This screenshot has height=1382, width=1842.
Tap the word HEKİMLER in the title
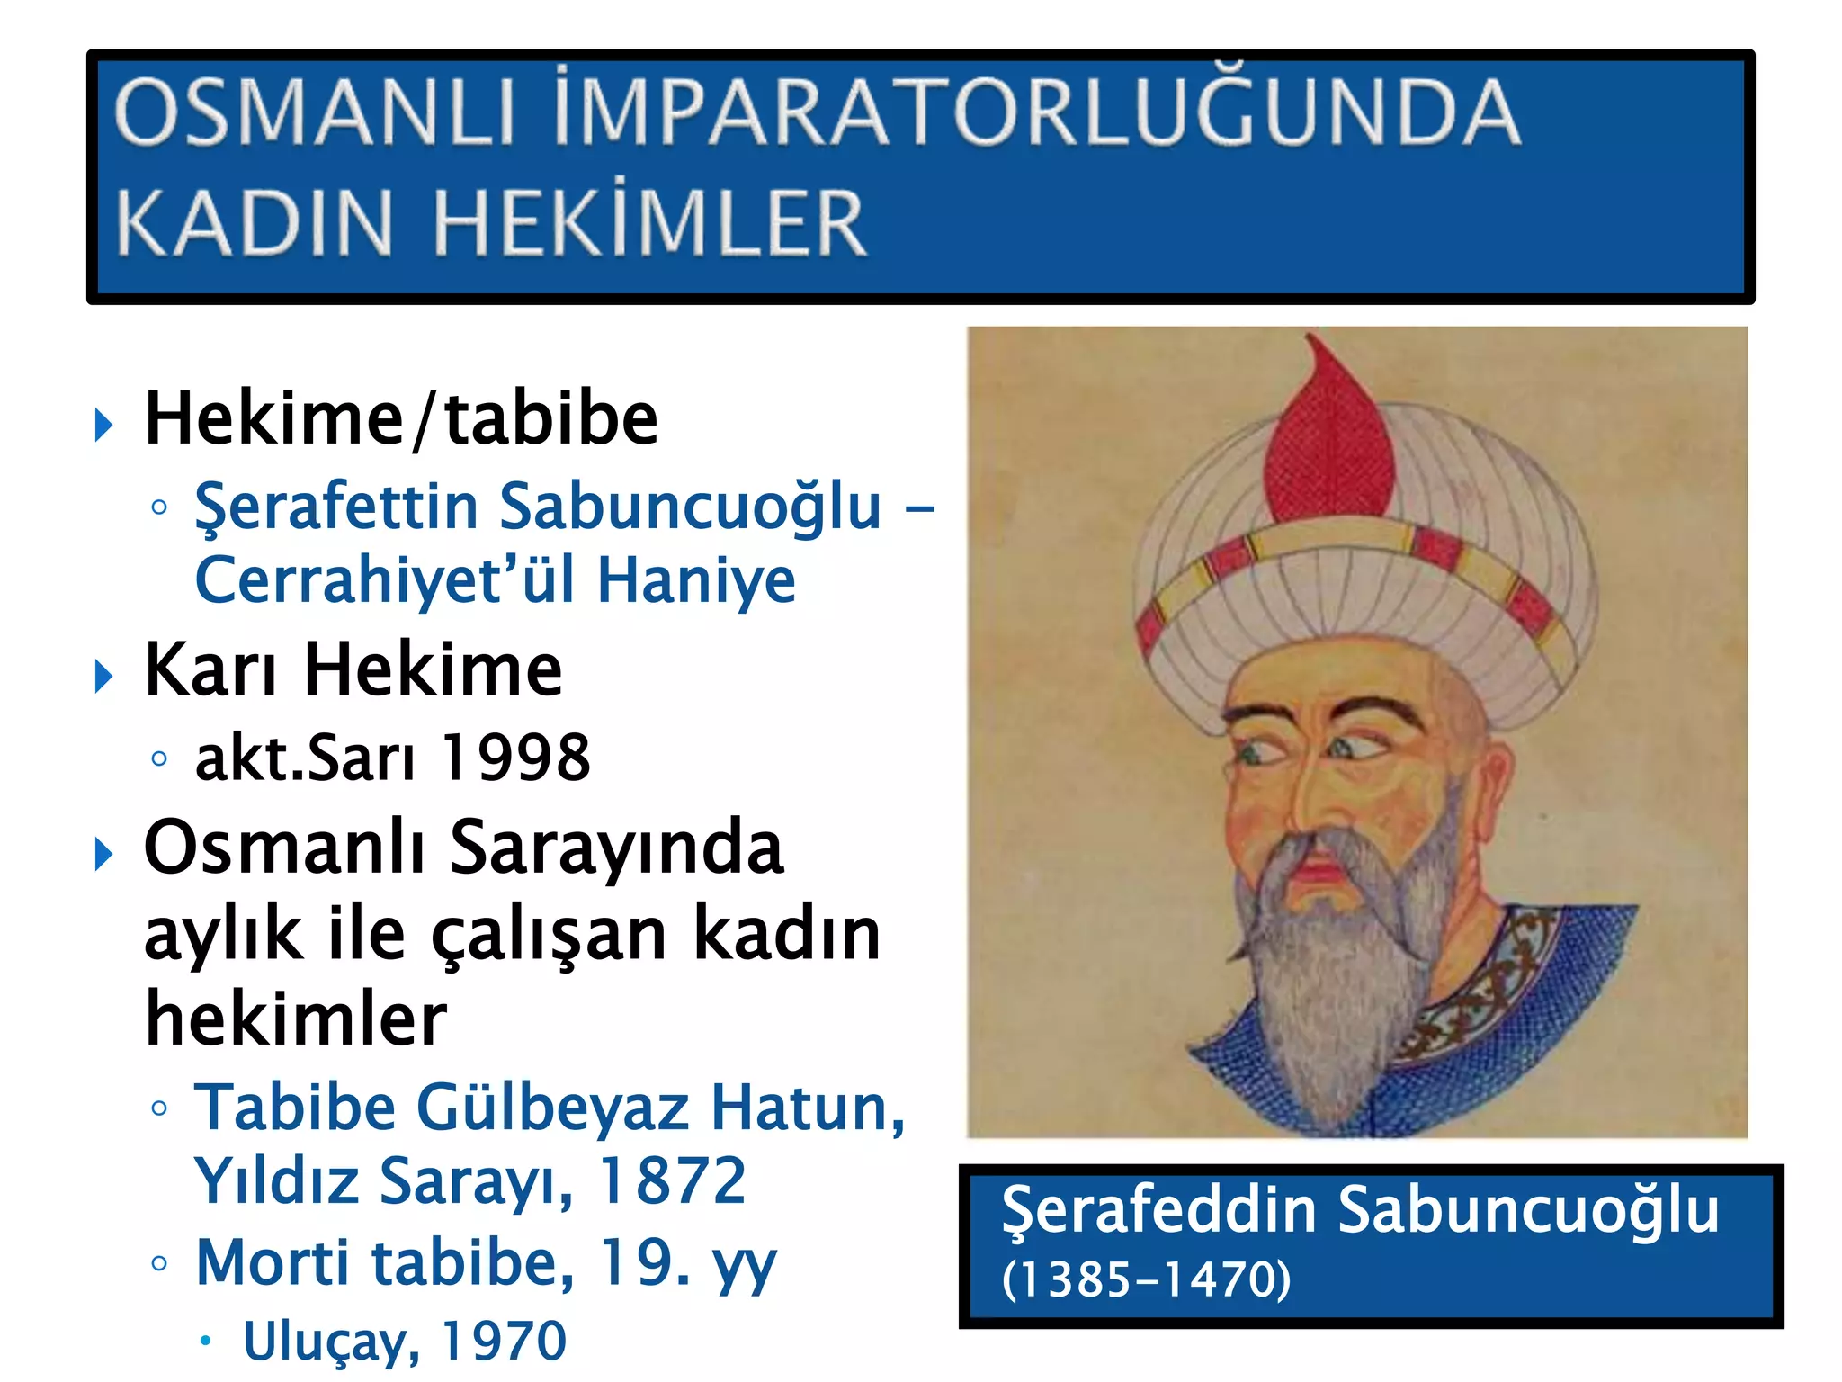649,223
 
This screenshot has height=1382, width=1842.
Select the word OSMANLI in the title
315,112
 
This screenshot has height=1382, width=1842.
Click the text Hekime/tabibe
401,419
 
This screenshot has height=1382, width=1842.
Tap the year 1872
672,1180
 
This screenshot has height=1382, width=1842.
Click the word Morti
272,1262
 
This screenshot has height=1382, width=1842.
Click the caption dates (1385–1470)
1147,1279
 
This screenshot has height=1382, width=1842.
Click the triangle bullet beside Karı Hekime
104,676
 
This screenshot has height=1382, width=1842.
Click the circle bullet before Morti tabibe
159,1263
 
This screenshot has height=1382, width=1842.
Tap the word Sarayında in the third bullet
616,848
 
